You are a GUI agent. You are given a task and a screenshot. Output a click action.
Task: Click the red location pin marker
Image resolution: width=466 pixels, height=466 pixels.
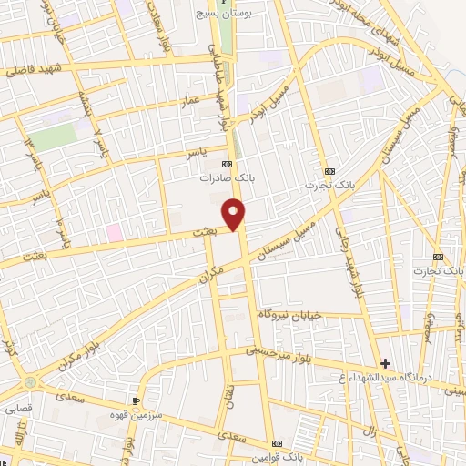[x=234, y=214]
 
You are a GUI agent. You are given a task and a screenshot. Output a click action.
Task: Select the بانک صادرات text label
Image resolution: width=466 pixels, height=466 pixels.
[x=228, y=179]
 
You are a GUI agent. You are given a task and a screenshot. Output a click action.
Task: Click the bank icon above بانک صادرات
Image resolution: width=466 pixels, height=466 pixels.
[x=227, y=164]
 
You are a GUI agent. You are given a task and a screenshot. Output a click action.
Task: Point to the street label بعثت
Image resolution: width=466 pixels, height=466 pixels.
[x=204, y=235]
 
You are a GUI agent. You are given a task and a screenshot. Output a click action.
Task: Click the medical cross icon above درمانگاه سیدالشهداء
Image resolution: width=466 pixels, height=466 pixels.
[x=386, y=364]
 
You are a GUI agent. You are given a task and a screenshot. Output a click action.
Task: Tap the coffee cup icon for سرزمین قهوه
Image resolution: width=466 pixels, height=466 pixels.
[x=136, y=400]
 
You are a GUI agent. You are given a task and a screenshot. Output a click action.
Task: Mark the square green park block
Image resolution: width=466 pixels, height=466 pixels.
[x=55, y=137]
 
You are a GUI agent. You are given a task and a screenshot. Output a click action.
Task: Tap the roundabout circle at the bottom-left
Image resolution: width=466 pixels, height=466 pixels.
[x=32, y=382]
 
